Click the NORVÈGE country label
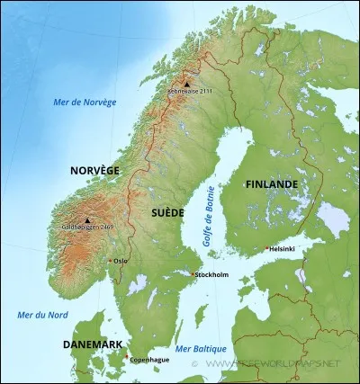click(x=94, y=169)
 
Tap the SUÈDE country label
click(x=168, y=212)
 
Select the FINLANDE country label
click(x=271, y=183)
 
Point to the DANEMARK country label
click(x=93, y=344)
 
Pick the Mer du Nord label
click(x=41, y=314)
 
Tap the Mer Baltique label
click(x=202, y=348)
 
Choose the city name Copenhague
click(x=149, y=360)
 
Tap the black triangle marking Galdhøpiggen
click(x=87, y=220)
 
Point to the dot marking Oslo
click(x=110, y=261)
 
